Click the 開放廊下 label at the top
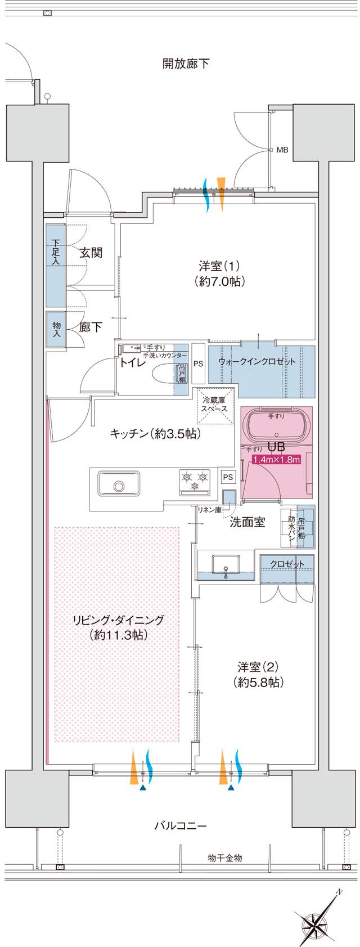[x=186, y=64]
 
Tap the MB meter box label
[x=282, y=150]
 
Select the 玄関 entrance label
[x=91, y=253]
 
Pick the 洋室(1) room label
[x=219, y=273]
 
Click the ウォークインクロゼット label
[x=256, y=361]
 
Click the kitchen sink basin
[x=119, y=484]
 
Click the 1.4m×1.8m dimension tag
[x=276, y=460]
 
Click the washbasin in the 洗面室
[x=225, y=564]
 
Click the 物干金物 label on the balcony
[x=224, y=858]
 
